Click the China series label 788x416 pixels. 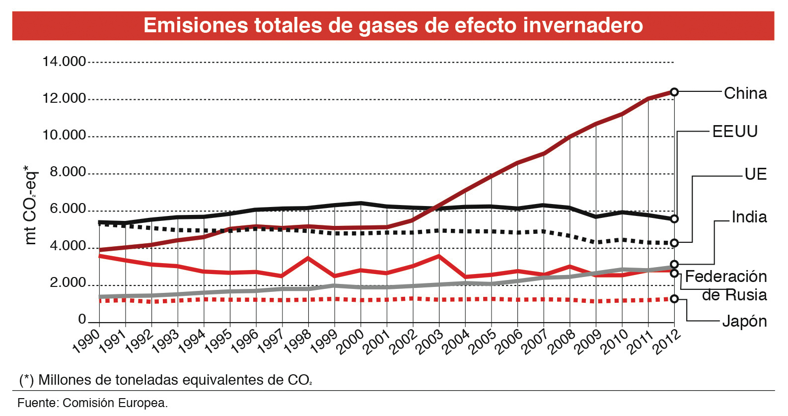pyautogui.click(x=745, y=93)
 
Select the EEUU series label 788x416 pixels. pyautogui.click(x=735, y=132)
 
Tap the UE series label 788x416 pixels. pyautogui.click(x=755, y=174)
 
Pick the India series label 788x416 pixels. pyautogui.click(x=749, y=217)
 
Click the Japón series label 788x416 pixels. pyautogui.click(x=744, y=321)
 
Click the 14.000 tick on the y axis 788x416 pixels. pyautogui.click(x=64, y=62)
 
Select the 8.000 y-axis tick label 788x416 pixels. pyautogui.click(x=68, y=172)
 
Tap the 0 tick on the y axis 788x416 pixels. pyautogui.click(x=82, y=319)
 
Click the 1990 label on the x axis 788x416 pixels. pyautogui.click(x=86, y=343)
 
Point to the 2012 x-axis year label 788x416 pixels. pyautogui.click(x=665, y=343)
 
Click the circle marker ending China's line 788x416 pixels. pyautogui.click(x=674, y=92)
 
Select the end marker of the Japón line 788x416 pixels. pyautogui.click(x=674, y=299)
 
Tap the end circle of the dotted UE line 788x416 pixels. pyautogui.click(x=674, y=243)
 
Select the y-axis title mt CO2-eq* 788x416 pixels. pyautogui.click(x=30, y=205)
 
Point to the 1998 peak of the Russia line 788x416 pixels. pyautogui.click(x=308, y=258)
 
